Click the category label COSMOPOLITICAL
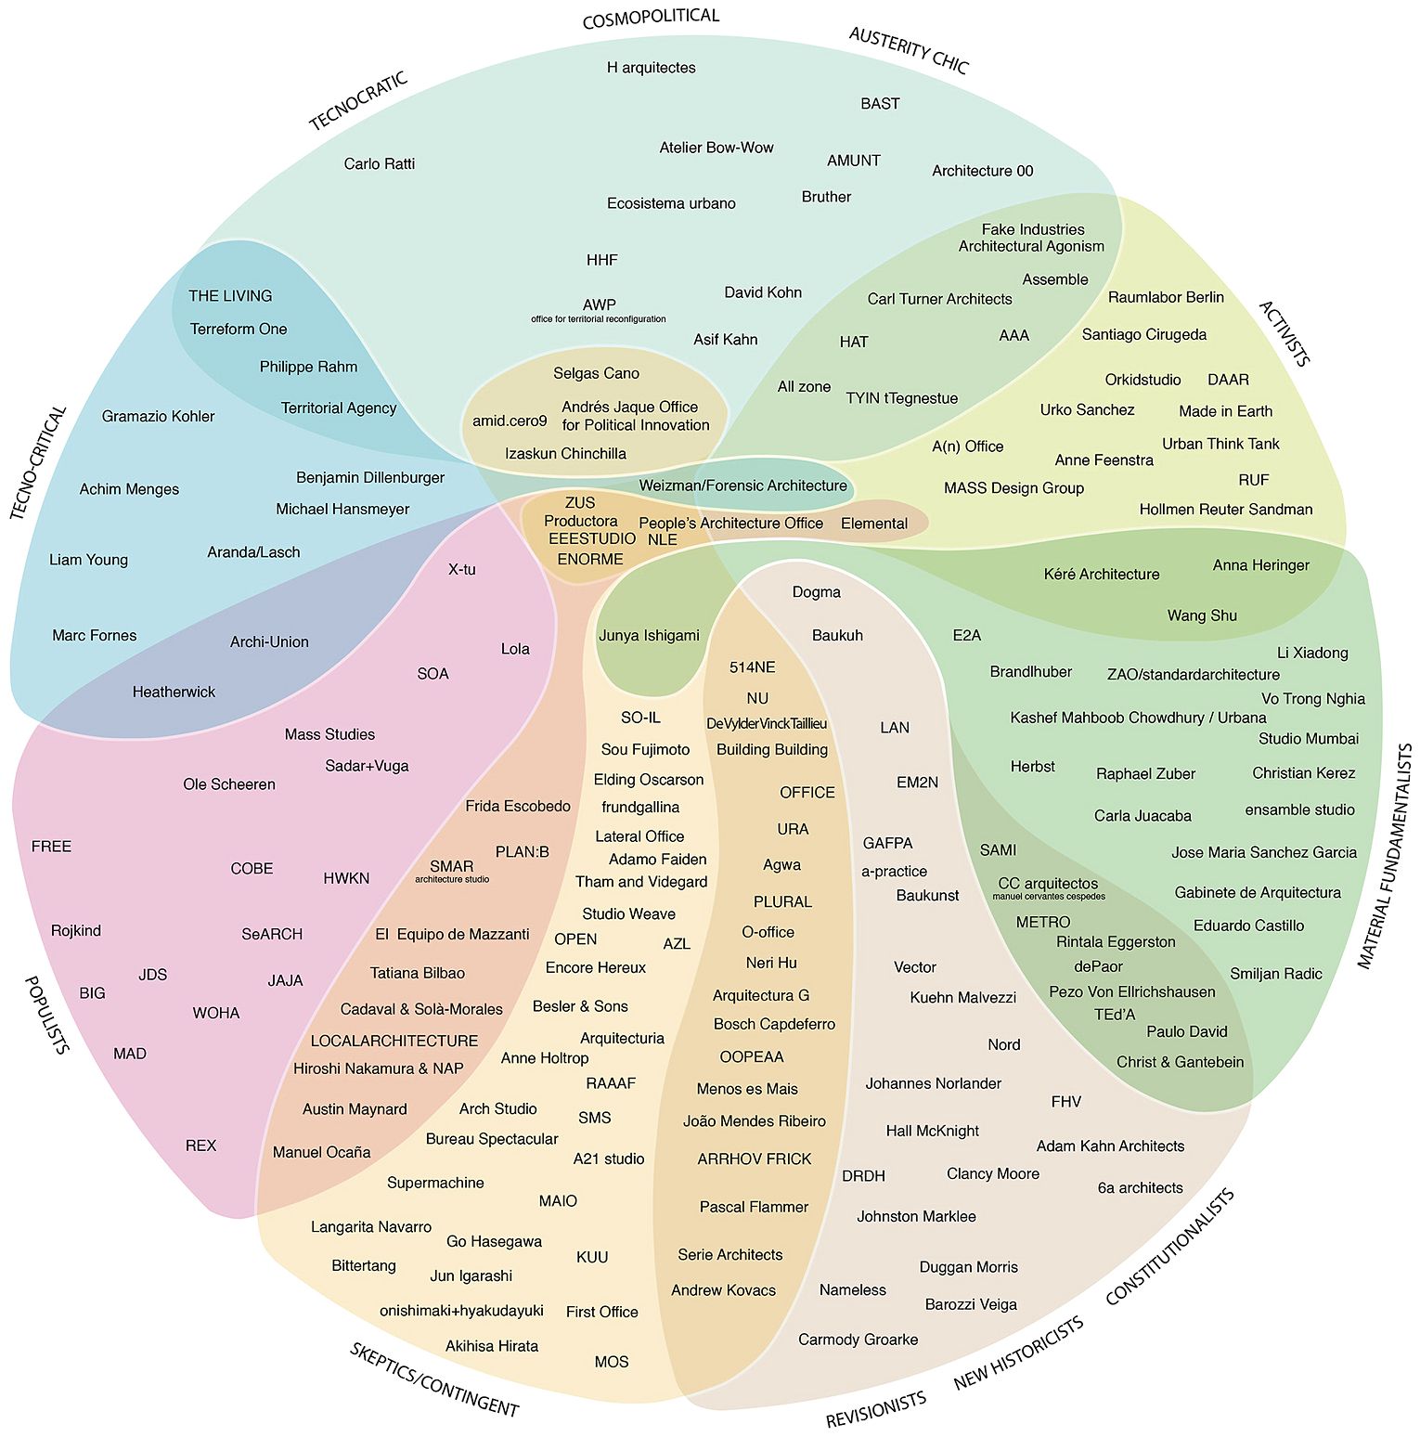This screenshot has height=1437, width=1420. [651, 18]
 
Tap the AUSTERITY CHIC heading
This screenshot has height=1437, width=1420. [909, 50]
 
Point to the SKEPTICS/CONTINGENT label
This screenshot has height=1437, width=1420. [433, 1380]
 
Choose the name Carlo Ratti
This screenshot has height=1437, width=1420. [380, 164]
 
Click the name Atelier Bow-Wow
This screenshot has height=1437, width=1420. [716, 148]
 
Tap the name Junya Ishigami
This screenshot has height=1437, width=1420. [649, 636]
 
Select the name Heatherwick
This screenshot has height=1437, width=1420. [174, 692]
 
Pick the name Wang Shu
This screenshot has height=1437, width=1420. [1202, 615]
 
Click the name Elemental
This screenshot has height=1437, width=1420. [874, 524]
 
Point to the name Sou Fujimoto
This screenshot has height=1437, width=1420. [646, 750]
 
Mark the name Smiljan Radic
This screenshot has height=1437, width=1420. [1276, 974]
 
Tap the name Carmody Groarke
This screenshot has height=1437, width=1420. [858, 1340]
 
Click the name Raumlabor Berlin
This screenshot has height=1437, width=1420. [1166, 297]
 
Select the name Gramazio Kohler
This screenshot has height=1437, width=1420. [158, 417]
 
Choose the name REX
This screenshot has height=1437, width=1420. [200, 1146]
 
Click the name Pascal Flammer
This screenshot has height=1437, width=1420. [754, 1207]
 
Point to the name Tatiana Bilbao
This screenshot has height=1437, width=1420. [418, 973]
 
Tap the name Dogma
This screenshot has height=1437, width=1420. [817, 592]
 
